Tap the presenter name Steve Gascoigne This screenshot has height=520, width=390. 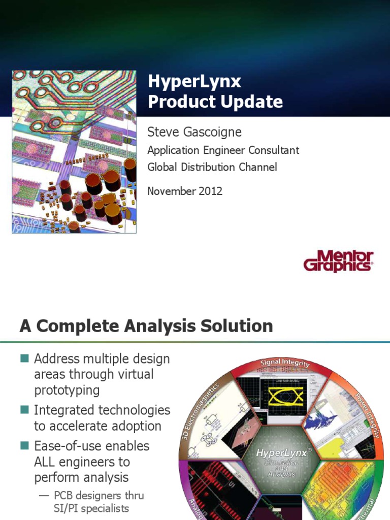194,133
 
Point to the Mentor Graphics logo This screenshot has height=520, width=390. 338,261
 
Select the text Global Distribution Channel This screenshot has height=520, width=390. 212,167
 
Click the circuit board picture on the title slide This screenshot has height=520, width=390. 74,152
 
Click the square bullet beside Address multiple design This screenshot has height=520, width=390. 24,359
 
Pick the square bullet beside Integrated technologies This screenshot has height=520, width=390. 24,409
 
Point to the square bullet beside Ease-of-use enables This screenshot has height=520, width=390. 24,446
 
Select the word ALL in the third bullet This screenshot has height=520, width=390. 47,462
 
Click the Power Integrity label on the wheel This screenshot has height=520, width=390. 368,414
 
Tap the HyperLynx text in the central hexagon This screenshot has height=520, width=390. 284,452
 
